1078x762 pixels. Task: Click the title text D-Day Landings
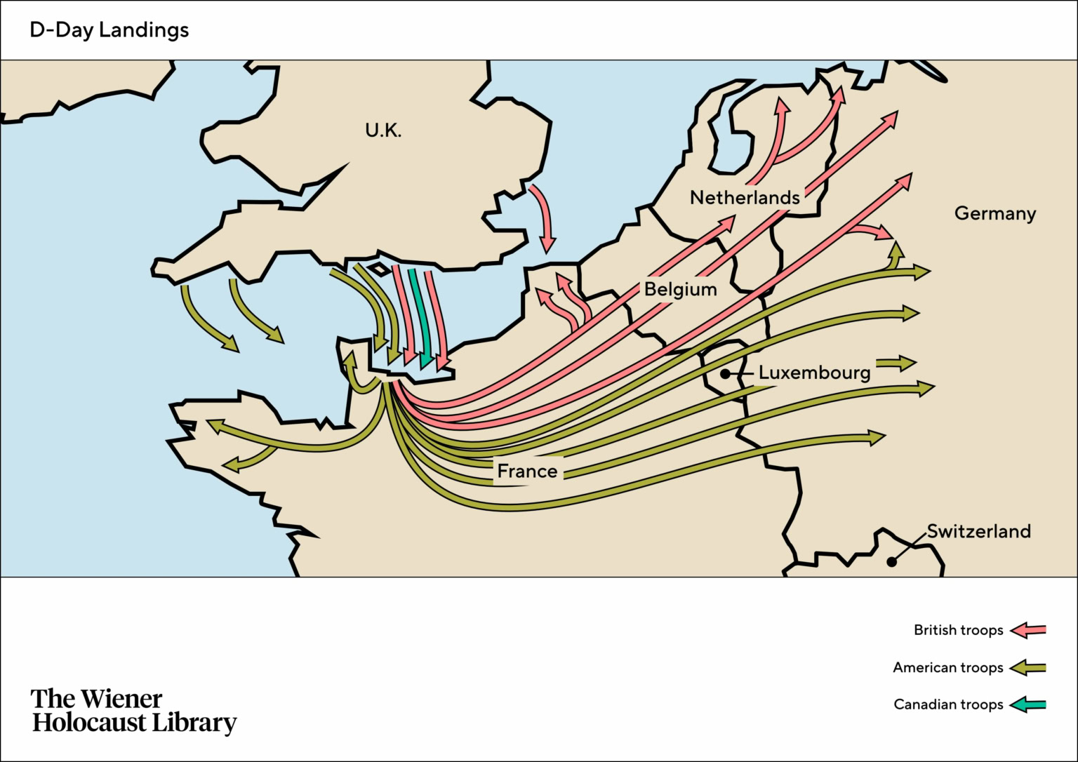click(109, 30)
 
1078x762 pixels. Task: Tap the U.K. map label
click(383, 131)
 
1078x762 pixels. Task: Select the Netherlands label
click(745, 198)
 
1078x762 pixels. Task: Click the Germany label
click(994, 213)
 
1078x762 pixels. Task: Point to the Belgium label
click(680, 289)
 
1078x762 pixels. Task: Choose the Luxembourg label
click(814, 373)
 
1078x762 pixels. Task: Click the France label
click(527, 472)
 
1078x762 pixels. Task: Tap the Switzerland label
click(978, 531)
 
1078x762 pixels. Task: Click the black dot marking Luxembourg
click(725, 374)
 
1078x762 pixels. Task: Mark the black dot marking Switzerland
click(891, 561)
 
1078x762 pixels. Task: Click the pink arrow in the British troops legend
click(1028, 630)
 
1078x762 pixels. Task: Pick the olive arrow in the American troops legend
click(1028, 667)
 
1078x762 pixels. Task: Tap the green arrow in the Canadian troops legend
click(1028, 704)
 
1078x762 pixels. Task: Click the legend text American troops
click(947, 667)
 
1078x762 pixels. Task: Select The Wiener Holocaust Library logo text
click(133, 710)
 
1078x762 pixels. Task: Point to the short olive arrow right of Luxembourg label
click(896, 363)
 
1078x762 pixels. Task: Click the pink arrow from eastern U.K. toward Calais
click(543, 218)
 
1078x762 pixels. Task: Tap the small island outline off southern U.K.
click(379, 269)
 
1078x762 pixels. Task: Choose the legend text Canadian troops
click(948, 704)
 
